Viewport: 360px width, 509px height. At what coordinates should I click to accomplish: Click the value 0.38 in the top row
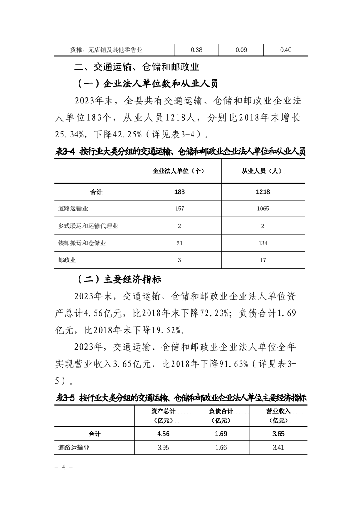pos(197,50)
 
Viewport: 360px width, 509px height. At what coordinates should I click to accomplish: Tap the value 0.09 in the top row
pos(242,50)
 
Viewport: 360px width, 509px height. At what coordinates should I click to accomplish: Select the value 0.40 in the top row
pos(286,50)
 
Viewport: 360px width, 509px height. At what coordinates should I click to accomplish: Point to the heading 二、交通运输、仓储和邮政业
pos(137,68)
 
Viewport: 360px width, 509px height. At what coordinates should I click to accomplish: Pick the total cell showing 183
pos(179,192)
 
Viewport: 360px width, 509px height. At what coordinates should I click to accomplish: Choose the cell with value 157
pos(179,209)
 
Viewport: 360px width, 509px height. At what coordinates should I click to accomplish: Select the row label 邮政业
pos(67,260)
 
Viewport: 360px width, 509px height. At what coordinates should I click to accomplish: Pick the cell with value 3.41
pos(278,448)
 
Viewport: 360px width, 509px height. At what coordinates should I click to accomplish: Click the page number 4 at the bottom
pos(64,466)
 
